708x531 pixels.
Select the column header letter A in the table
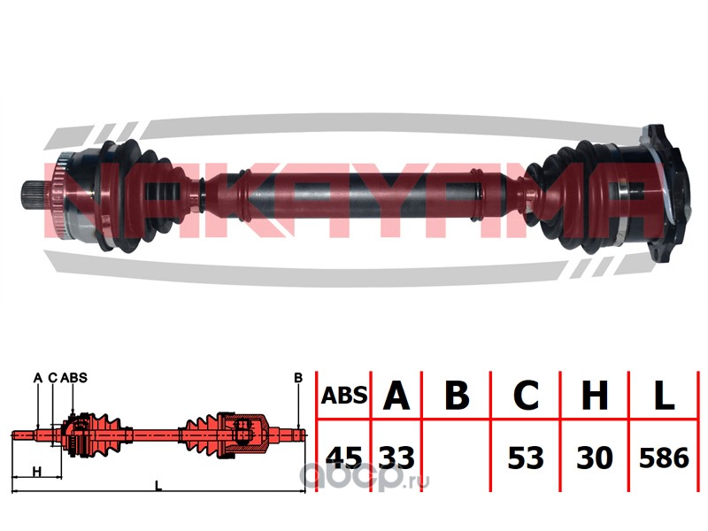click(396, 395)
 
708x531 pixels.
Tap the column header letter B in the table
click(456, 395)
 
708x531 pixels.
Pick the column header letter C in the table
click(525, 395)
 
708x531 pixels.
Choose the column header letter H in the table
click(594, 395)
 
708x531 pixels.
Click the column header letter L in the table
click(663, 395)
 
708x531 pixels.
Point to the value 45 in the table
click(344, 458)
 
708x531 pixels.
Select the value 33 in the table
click(396, 458)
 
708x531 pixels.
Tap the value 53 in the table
click(525, 458)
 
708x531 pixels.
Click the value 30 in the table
click(594, 458)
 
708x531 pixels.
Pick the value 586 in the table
click(663, 458)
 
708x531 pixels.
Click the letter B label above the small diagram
click(298, 378)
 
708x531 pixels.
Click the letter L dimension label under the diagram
click(158, 486)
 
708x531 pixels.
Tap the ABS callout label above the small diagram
click(76, 378)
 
